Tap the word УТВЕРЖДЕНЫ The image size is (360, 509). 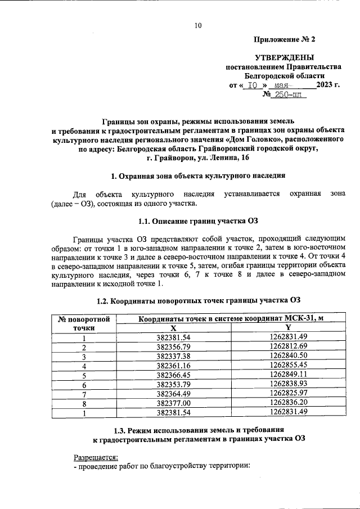pos(285,57)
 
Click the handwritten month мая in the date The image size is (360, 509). pos(283,85)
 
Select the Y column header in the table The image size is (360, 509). pos(287,328)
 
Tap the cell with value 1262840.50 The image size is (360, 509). pos(287,357)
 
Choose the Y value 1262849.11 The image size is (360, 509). pos(287,375)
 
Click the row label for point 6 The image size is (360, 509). pos(84,384)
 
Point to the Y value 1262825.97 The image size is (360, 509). pos(287,393)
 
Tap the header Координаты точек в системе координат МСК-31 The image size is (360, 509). pos(231,319)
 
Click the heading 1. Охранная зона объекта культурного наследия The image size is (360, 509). pos(197,176)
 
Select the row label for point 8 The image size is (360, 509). pos(84,403)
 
